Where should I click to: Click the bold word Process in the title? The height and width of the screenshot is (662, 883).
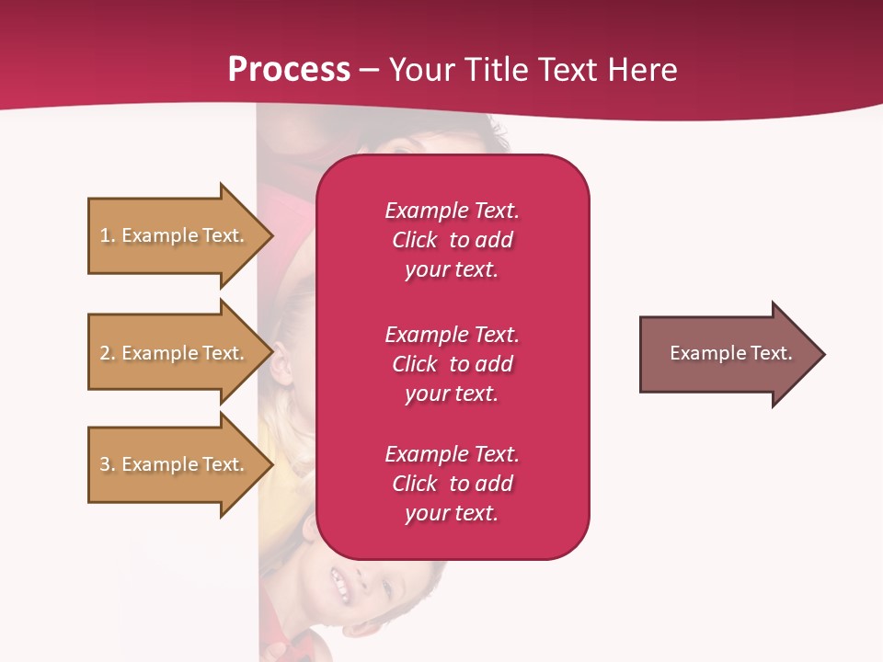tap(289, 70)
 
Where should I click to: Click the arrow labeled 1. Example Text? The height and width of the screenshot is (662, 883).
tap(172, 235)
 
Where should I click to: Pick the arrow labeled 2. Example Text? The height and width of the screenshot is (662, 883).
tap(172, 353)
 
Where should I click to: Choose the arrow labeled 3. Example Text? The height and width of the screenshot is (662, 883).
tap(172, 464)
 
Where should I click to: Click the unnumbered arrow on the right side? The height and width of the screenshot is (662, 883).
tap(730, 353)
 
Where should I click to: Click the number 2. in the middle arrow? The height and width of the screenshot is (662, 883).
tap(107, 353)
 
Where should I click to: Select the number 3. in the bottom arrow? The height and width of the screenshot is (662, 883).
tap(107, 464)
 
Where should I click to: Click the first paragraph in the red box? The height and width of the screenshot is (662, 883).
tap(452, 239)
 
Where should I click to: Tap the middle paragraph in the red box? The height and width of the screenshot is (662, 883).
tap(452, 363)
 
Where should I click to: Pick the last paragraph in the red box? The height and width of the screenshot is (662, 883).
tap(452, 483)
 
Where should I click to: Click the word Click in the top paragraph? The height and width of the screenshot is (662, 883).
tap(415, 240)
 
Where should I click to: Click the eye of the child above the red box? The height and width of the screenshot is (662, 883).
tap(397, 147)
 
